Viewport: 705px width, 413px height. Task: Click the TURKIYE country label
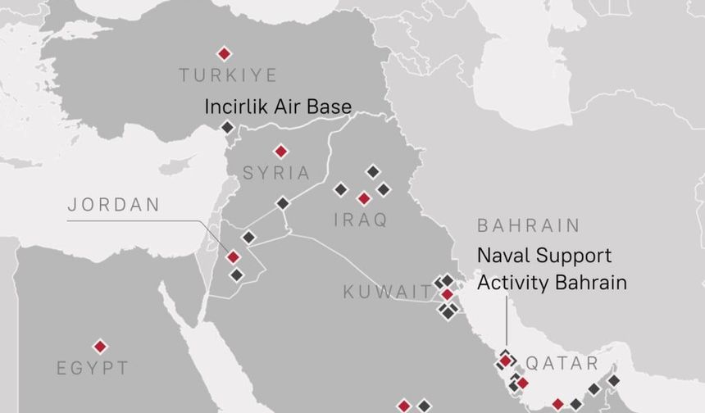point(228,75)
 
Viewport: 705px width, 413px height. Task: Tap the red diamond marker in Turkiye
point(224,53)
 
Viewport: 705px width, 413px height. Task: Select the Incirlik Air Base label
point(277,107)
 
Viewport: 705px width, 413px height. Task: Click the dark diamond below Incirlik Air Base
point(227,127)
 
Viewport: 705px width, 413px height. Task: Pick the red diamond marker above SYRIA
point(280,151)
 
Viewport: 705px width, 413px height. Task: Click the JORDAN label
point(113,205)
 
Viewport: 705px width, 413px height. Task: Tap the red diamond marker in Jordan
point(233,257)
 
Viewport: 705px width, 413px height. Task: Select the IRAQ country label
point(361,220)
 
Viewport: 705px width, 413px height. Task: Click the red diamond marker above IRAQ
point(364,198)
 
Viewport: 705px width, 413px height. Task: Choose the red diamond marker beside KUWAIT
point(447,294)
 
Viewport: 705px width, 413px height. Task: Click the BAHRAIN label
point(528,225)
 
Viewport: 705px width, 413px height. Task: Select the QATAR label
point(562,363)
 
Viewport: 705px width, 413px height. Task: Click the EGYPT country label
point(93,368)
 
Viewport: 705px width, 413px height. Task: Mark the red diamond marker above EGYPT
point(100,347)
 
